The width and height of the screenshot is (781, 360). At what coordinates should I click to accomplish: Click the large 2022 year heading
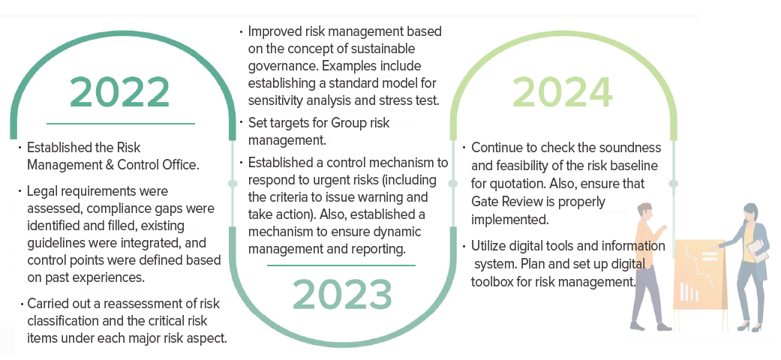[120, 92]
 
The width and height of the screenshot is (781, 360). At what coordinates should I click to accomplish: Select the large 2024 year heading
[563, 92]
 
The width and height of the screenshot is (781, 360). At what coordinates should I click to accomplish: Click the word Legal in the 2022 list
[41, 192]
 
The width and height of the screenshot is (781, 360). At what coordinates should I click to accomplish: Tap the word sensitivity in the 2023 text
[275, 100]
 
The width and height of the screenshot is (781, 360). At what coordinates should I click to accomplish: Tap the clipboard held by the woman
[755, 250]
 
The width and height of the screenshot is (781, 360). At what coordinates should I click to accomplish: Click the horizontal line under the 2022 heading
[121, 123]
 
